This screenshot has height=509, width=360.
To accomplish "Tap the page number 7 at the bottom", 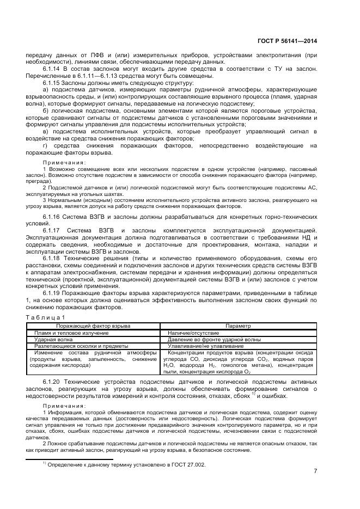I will click(x=316, y=471).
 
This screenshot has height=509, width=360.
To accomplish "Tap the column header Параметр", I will click(x=239, y=326).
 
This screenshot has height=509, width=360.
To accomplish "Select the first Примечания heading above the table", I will click(x=64, y=162).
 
